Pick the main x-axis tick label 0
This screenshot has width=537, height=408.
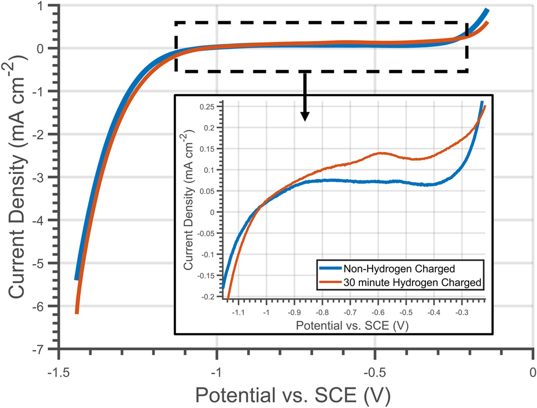[x=533, y=371]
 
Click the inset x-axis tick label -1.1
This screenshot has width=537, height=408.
[x=238, y=313]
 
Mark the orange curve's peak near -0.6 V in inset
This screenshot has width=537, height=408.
[x=381, y=153]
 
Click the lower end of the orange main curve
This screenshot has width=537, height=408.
[x=77, y=312]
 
